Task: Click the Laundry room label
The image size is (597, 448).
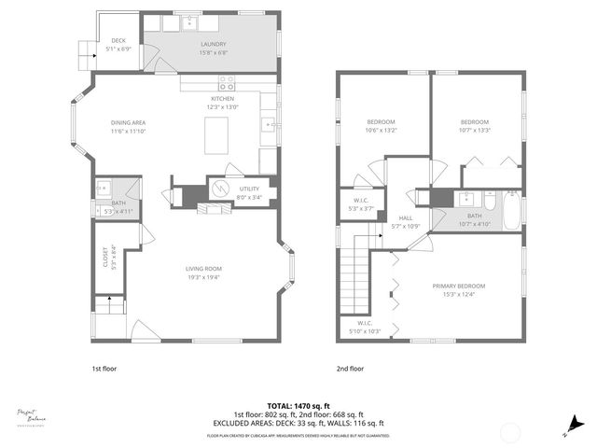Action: coord(214,45)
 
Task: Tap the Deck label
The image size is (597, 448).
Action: coord(118,40)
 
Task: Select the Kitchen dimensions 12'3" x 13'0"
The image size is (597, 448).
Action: coord(222,107)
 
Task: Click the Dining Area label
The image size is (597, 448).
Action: coord(129,122)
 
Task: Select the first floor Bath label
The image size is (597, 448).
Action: coord(118,203)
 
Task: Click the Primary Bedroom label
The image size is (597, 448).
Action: coord(458,286)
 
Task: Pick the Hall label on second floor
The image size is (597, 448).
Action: coord(406,217)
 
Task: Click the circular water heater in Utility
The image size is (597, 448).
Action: coord(218,189)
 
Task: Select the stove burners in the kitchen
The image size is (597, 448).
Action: coord(225,80)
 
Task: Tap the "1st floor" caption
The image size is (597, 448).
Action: coord(104,369)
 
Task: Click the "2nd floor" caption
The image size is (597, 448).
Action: coord(350,369)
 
